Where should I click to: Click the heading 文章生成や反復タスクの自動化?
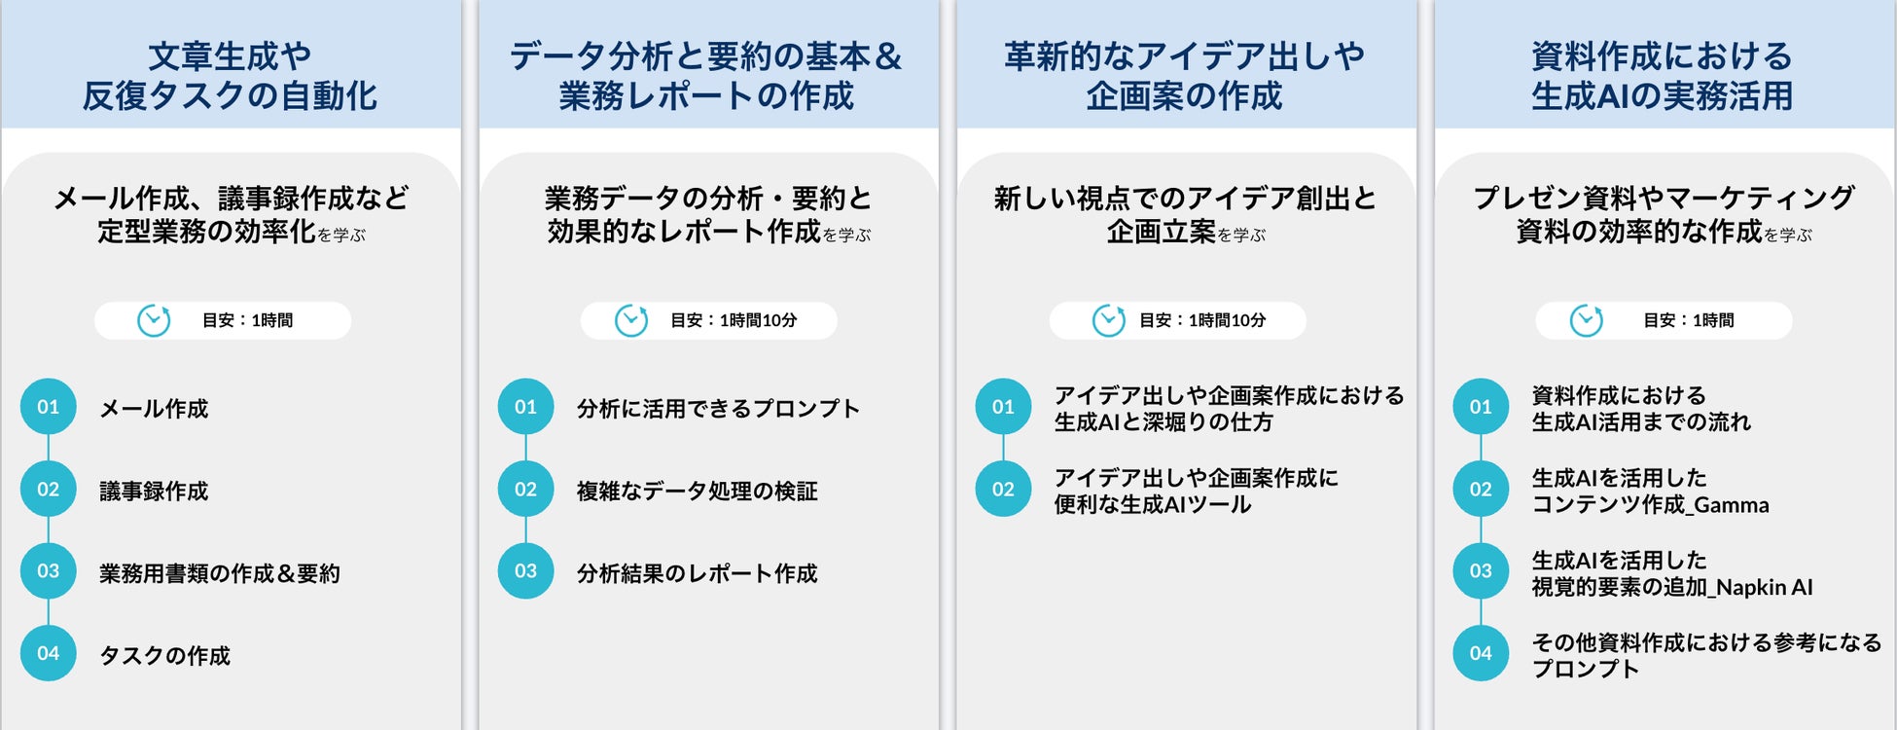[x=230, y=76]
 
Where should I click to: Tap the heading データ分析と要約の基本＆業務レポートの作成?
[x=706, y=76]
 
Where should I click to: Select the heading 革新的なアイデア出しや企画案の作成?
[x=1184, y=76]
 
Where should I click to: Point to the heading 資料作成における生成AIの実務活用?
[x=1662, y=76]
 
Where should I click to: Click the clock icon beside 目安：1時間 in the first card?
[x=154, y=320]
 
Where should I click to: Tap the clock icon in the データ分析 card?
[x=631, y=320]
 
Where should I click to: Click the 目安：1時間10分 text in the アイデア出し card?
[x=1202, y=320]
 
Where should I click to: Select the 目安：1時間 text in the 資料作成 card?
[x=1688, y=320]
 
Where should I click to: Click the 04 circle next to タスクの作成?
[x=48, y=653]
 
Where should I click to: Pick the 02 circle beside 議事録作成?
[x=48, y=489]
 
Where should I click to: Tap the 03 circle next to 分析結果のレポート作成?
[x=525, y=571]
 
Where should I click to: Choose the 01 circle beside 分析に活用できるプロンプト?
[x=525, y=407]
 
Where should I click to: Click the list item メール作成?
[x=154, y=409]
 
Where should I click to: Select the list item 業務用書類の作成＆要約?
[x=220, y=573]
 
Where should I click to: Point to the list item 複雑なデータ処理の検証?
[x=697, y=492]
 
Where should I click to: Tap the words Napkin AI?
[x=1765, y=588]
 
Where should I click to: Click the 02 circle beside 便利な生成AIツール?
[x=1003, y=489]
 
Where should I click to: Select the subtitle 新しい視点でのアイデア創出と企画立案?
[x=1185, y=214]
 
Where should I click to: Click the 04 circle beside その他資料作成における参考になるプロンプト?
[x=1481, y=653]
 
